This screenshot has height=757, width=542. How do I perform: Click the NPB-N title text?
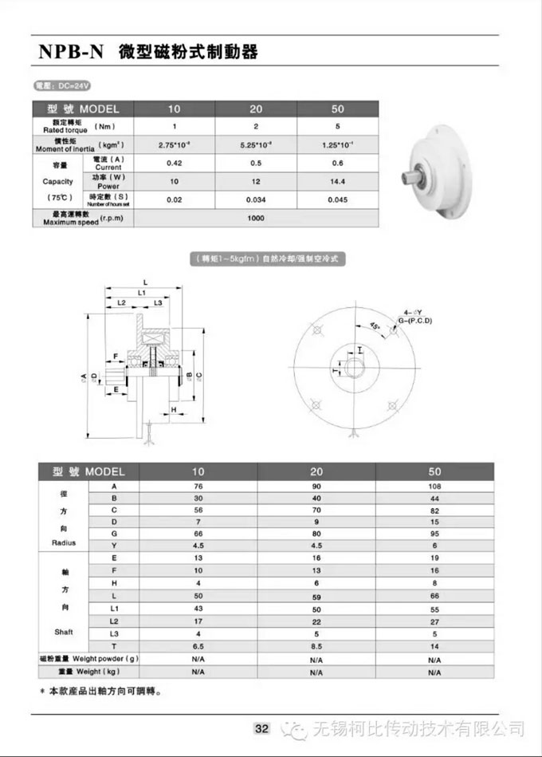tap(71, 53)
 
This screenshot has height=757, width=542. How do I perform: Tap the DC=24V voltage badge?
tap(59, 85)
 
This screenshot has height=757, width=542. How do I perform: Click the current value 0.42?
tap(175, 163)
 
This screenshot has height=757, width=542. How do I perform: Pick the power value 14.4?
tap(338, 181)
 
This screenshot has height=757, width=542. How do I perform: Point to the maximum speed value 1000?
tap(255, 218)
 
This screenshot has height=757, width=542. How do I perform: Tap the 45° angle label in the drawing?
tap(375, 325)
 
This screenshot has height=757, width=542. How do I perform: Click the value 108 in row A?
tap(434, 484)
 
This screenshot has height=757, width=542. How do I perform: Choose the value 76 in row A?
tap(198, 484)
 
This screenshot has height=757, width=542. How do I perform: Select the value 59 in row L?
tap(316, 597)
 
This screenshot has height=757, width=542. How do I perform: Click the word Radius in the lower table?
tap(64, 542)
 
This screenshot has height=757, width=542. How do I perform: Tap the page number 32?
tap(262, 728)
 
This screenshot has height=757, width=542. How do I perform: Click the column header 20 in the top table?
tap(256, 109)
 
